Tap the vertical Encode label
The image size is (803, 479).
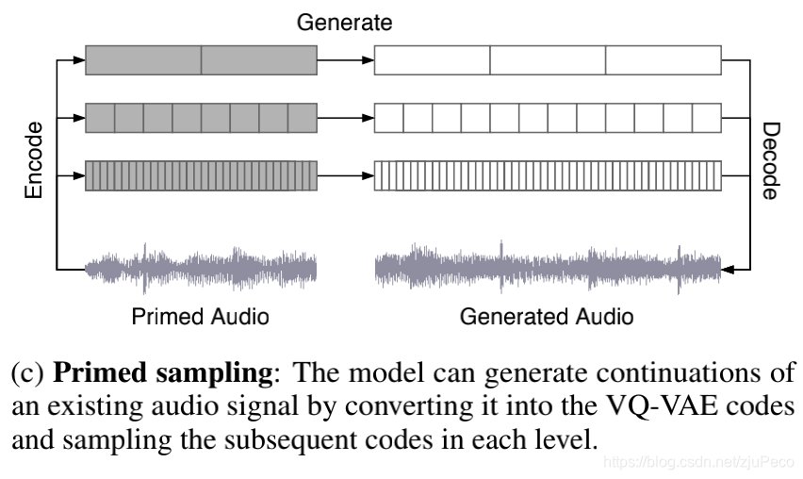(34, 159)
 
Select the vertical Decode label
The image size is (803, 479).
(770, 159)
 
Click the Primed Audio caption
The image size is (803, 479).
(200, 316)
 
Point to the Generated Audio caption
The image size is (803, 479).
(547, 316)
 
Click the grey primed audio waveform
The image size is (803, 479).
(201, 268)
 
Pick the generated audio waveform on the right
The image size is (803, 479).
(548, 268)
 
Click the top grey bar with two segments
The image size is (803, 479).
(201, 60)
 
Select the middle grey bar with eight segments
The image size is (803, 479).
(201, 118)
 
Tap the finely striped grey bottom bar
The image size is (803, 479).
(201, 174)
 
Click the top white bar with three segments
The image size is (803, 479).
(548, 60)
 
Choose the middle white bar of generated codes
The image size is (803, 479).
(548, 118)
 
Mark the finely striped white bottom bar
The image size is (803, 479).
(548, 174)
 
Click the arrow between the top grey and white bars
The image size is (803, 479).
(345, 60)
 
